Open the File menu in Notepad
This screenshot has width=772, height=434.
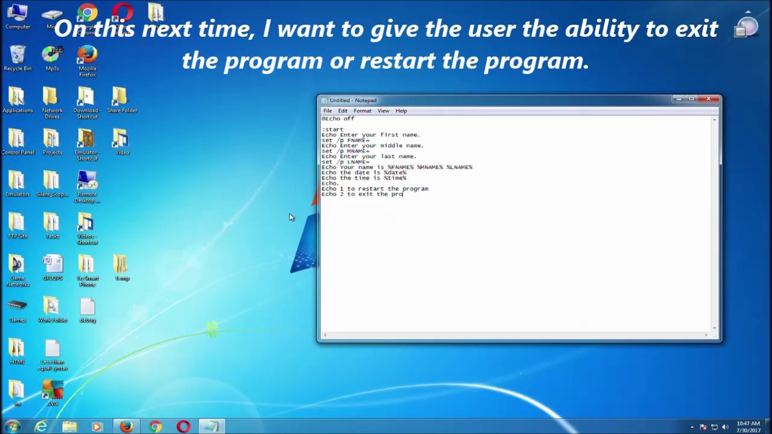coord(327,111)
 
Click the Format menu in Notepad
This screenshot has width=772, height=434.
coord(362,111)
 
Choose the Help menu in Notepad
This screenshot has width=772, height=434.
coord(401,111)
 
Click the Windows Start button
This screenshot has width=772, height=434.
coord(12,427)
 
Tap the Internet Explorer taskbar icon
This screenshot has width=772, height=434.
coord(41,427)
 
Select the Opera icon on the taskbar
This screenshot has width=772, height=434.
coord(183,427)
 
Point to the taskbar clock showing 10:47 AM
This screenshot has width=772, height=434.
coord(748,427)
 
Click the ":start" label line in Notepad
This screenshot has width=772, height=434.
coord(333,130)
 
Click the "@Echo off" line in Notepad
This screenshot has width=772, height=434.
coord(338,119)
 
